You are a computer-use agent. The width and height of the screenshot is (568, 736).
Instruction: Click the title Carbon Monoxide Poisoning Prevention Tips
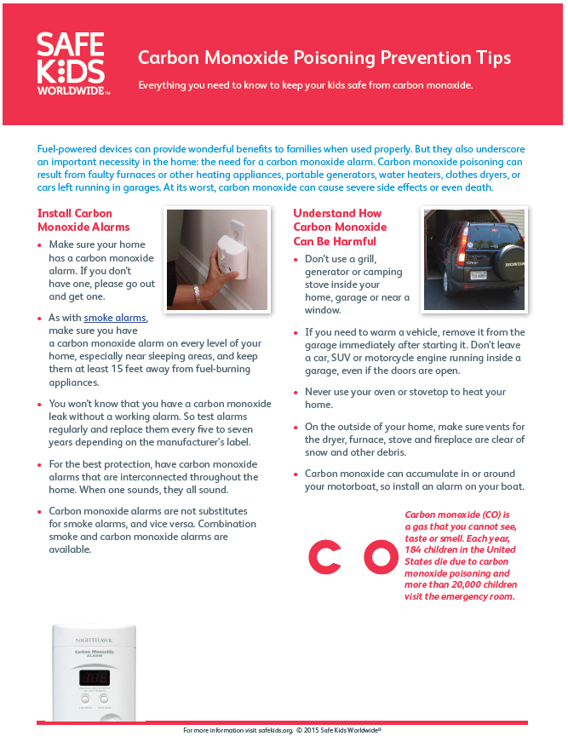point(324,58)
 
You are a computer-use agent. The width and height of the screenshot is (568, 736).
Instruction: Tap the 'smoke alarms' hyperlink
point(115,318)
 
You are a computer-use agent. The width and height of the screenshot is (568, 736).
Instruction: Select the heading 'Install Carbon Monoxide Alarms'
point(83,220)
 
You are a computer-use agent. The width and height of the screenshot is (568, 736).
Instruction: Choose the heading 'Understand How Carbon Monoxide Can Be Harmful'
point(340,227)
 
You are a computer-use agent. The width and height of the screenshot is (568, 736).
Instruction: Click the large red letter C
point(324,556)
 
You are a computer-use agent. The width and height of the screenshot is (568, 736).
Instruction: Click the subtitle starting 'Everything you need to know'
point(306,86)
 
